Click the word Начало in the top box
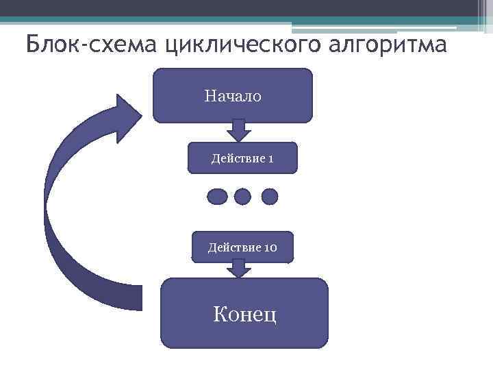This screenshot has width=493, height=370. (232, 97)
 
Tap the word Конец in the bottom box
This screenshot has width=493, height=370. (244, 315)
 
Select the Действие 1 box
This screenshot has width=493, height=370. (243, 158)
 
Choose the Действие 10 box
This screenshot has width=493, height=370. (242, 247)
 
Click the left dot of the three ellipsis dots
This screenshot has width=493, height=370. (216, 197)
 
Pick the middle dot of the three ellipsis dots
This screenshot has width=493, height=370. (243, 197)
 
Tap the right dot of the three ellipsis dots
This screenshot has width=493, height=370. (270, 197)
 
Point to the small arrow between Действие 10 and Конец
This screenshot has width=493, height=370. (238, 269)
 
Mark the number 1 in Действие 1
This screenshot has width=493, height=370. (271, 159)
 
